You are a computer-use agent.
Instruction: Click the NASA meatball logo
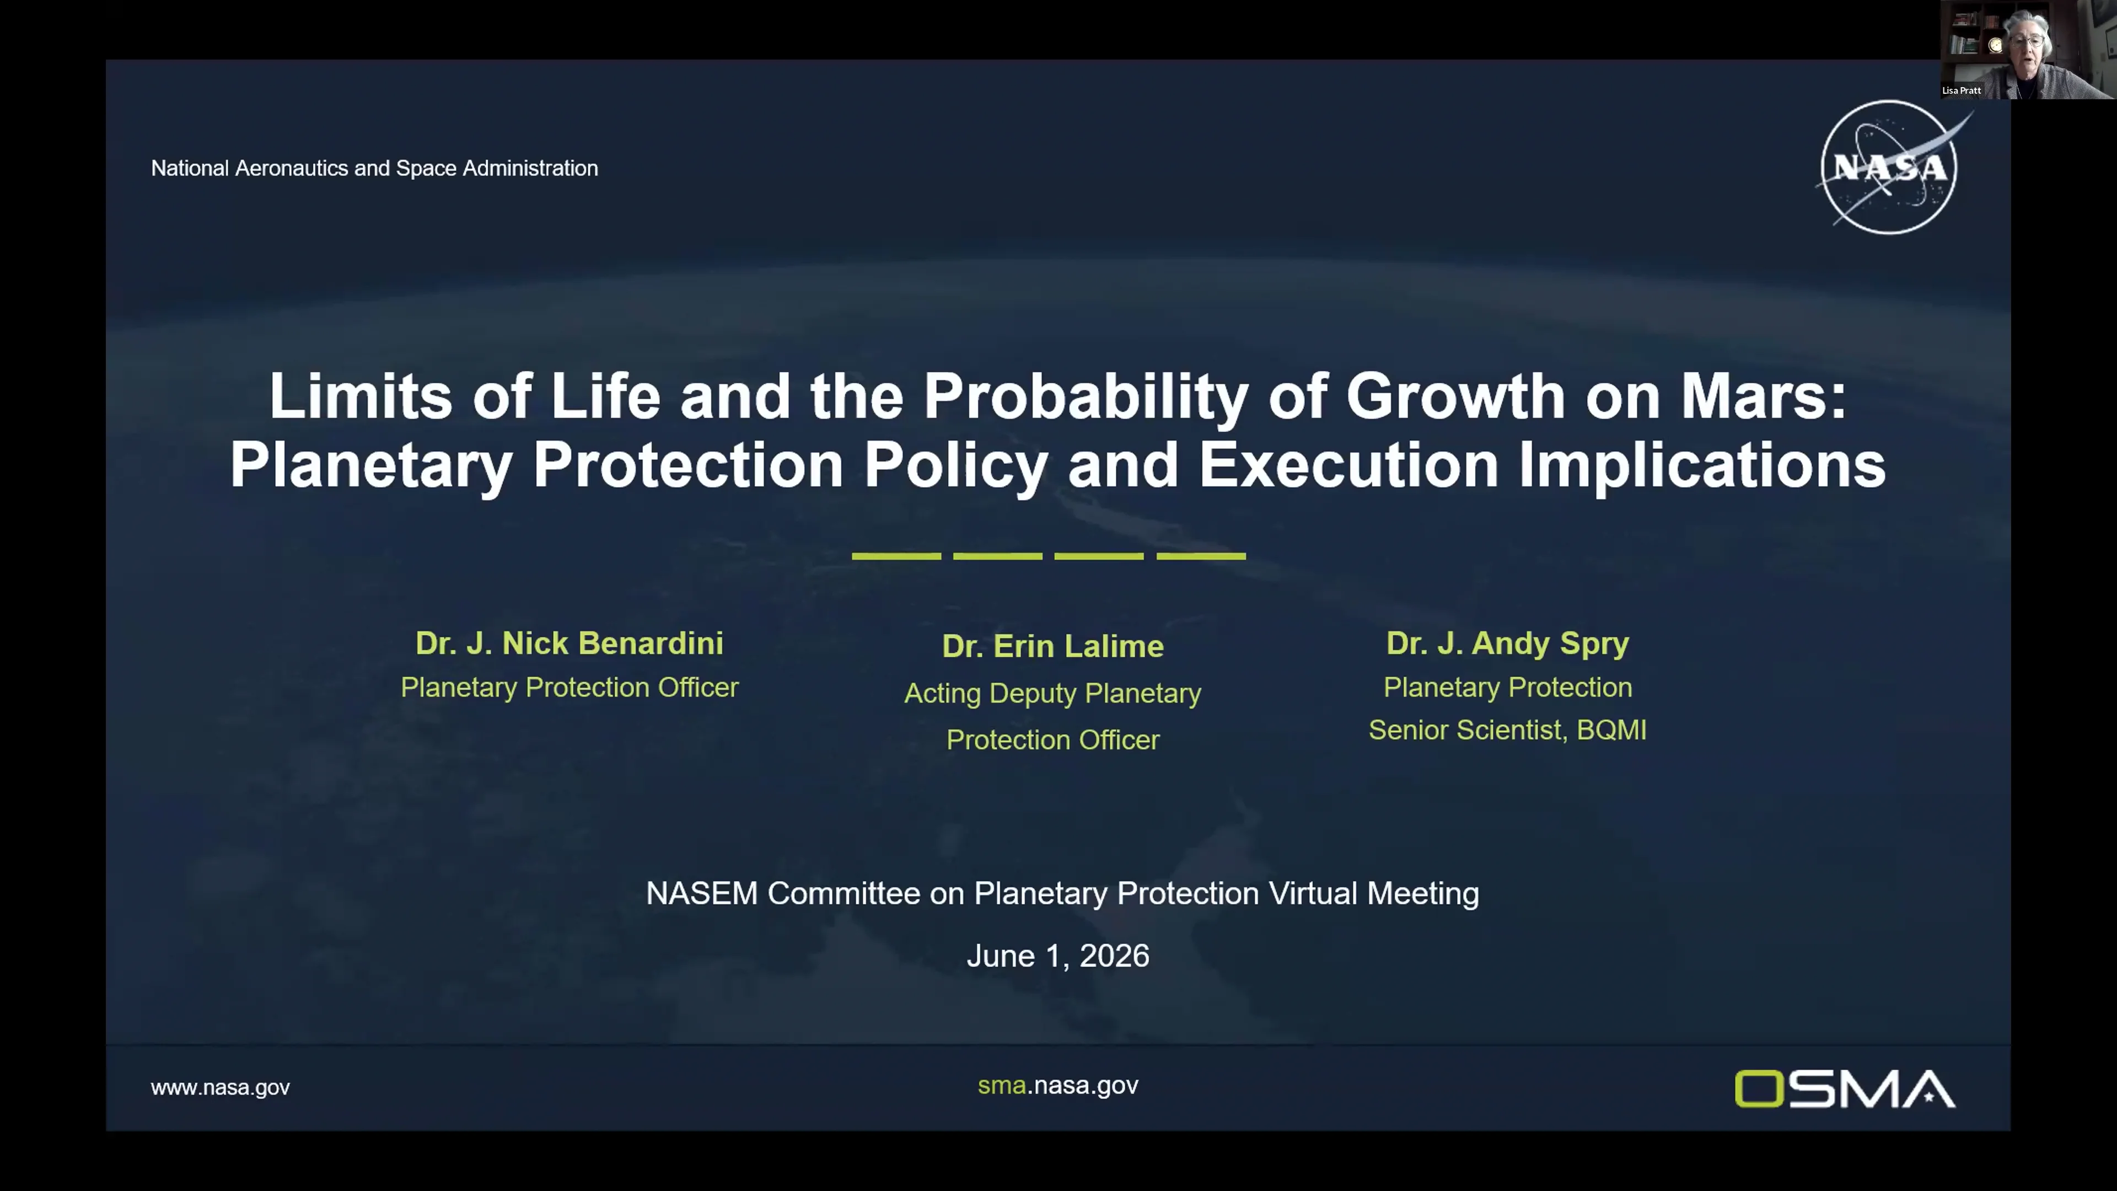tap(1889, 167)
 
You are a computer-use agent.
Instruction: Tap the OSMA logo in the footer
tap(1845, 1088)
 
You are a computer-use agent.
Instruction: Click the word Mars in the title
tap(1763, 396)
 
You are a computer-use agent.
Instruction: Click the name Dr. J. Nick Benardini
tap(569, 643)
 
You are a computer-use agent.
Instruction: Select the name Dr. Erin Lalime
tap(1053, 647)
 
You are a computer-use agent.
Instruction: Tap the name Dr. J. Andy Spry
tap(1507, 643)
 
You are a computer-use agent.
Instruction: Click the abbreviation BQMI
tap(1611, 730)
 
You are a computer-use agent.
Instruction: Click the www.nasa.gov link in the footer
tap(221, 1087)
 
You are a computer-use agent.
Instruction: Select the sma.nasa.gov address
tap(1058, 1086)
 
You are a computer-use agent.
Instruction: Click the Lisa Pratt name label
tap(1961, 90)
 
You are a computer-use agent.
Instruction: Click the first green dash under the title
tap(896, 556)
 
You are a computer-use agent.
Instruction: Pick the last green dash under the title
tap(1201, 556)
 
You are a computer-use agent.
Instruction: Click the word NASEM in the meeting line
tap(701, 893)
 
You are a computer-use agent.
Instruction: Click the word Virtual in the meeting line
tap(1313, 893)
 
